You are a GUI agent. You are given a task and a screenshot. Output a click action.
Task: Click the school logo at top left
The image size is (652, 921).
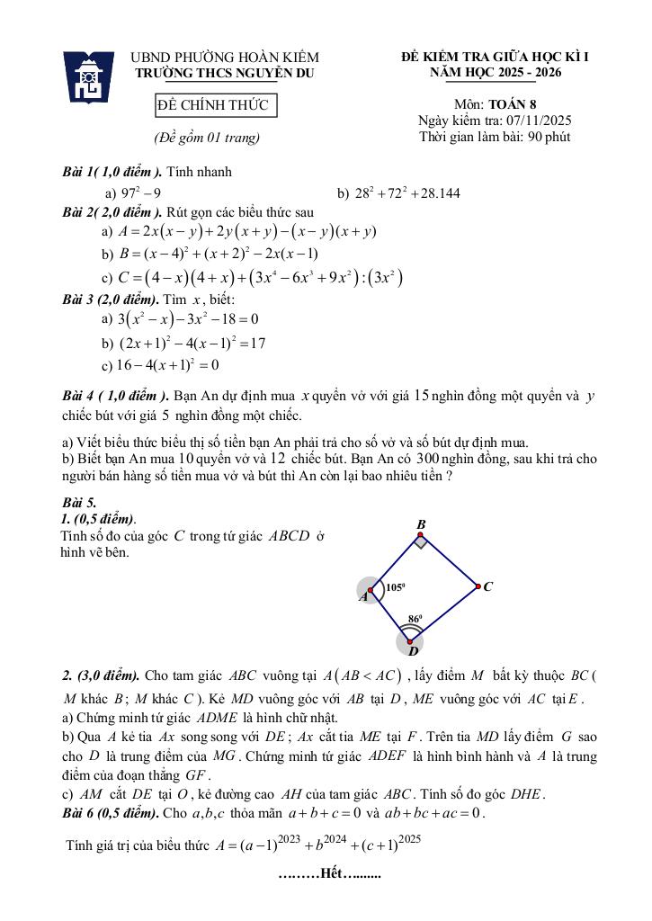[x=88, y=78]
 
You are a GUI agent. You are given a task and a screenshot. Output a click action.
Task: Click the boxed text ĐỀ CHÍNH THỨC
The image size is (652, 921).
[x=212, y=106]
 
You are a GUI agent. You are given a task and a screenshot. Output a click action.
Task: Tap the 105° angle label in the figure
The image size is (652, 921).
[x=396, y=586]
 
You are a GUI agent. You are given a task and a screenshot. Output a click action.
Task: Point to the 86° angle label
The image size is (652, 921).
[x=415, y=619]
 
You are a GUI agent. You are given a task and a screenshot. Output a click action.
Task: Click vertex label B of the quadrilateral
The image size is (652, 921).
[x=420, y=524]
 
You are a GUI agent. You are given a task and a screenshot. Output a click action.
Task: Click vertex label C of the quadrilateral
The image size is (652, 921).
[x=487, y=586]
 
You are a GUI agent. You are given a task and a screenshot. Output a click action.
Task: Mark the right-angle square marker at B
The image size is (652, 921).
[x=421, y=541]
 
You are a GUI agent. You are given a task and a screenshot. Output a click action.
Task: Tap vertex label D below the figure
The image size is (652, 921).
[x=413, y=651]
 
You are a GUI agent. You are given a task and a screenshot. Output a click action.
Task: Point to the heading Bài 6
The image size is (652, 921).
[x=82, y=813]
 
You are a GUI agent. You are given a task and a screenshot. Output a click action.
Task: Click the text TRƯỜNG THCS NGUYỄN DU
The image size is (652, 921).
[x=225, y=74]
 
